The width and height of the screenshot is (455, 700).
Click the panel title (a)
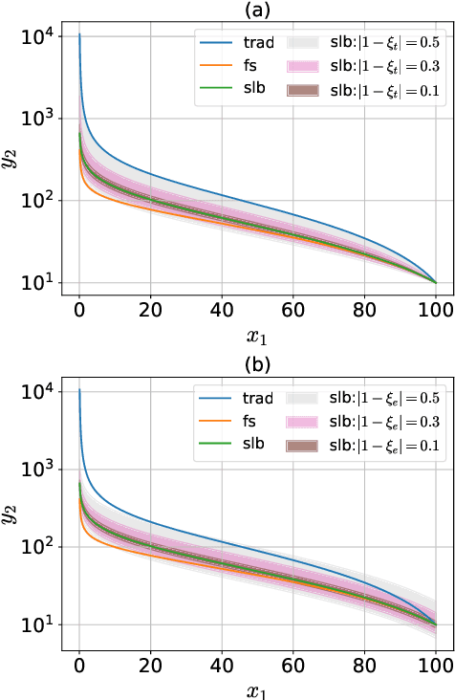[257, 10]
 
